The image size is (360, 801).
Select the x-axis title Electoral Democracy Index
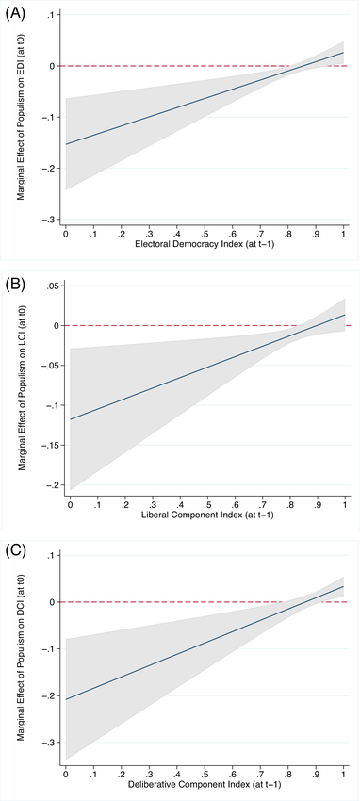click(x=204, y=246)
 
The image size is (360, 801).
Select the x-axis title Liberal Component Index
click(x=204, y=515)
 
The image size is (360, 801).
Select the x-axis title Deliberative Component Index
click(x=204, y=785)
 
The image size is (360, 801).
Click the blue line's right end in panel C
click(x=344, y=586)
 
